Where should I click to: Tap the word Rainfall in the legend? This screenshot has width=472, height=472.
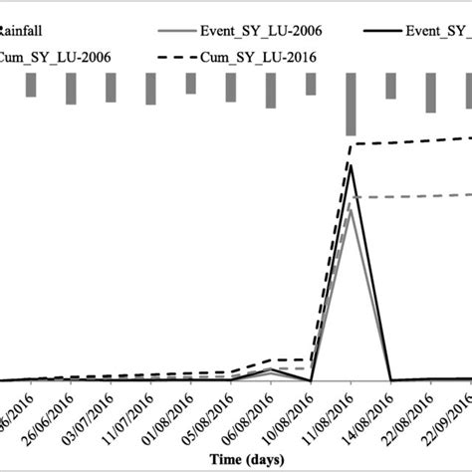click(26, 31)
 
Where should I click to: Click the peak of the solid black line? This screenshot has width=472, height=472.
click(351, 165)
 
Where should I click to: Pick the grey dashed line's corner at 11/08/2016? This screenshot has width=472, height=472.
click(352, 197)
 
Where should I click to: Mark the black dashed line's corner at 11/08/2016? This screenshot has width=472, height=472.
click(352, 144)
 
